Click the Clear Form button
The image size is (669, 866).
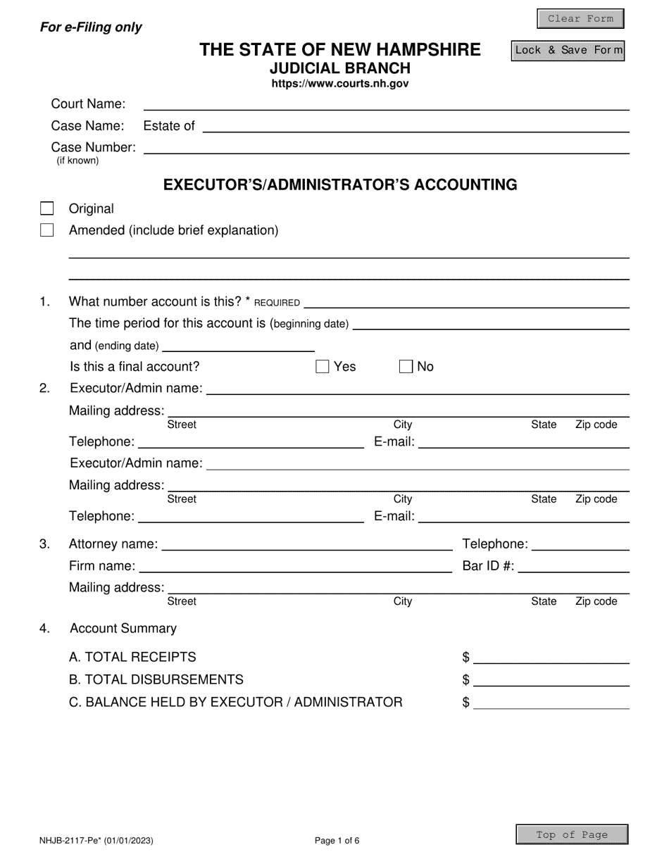coord(580,19)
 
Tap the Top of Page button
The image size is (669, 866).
coord(572,835)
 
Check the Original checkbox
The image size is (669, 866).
coord(47,208)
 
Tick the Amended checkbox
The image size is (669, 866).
coord(47,230)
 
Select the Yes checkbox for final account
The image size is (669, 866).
coord(323,366)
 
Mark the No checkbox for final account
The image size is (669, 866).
coord(406,366)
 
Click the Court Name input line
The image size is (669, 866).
coord(386,104)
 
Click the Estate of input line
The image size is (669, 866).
coord(415,126)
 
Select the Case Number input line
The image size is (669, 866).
coord(386,147)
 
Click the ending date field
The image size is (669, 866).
coord(238,345)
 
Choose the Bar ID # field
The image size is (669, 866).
coord(573,566)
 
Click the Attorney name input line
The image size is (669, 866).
coord(307,544)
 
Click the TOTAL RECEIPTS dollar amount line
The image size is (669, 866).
coord(551,658)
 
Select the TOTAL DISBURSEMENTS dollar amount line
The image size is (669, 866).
coord(551,680)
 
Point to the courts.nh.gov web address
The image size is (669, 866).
coord(340,84)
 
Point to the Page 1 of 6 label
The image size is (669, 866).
coord(337,840)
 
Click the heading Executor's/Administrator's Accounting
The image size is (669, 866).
coord(340,184)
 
